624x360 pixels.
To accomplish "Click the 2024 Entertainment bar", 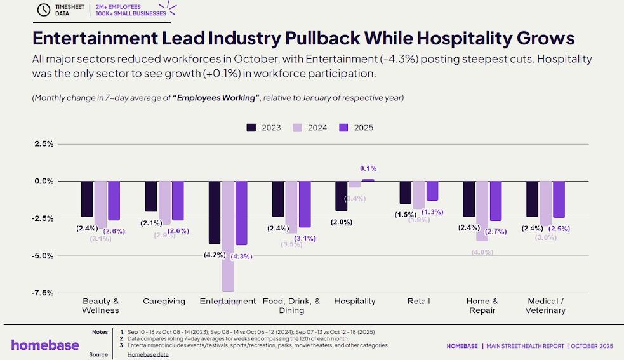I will tap(228, 236).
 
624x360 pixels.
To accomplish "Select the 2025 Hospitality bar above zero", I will tap(368, 180).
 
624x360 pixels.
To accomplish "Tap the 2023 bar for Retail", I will tap(405, 192).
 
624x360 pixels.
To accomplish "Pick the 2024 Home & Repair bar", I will tap(482, 211).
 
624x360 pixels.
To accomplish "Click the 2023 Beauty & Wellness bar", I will tap(87, 199).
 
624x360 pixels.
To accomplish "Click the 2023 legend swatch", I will tap(252, 128).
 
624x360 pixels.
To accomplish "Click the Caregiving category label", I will tap(164, 301).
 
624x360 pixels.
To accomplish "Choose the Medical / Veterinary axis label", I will tap(545, 305).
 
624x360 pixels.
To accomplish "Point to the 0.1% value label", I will tap(368, 168).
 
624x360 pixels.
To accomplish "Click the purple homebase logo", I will tap(45, 345).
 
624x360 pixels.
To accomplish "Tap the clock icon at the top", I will tap(44, 10).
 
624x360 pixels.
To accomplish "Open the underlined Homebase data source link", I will tap(148, 354).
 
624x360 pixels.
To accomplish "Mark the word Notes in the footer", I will tap(100, 332).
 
